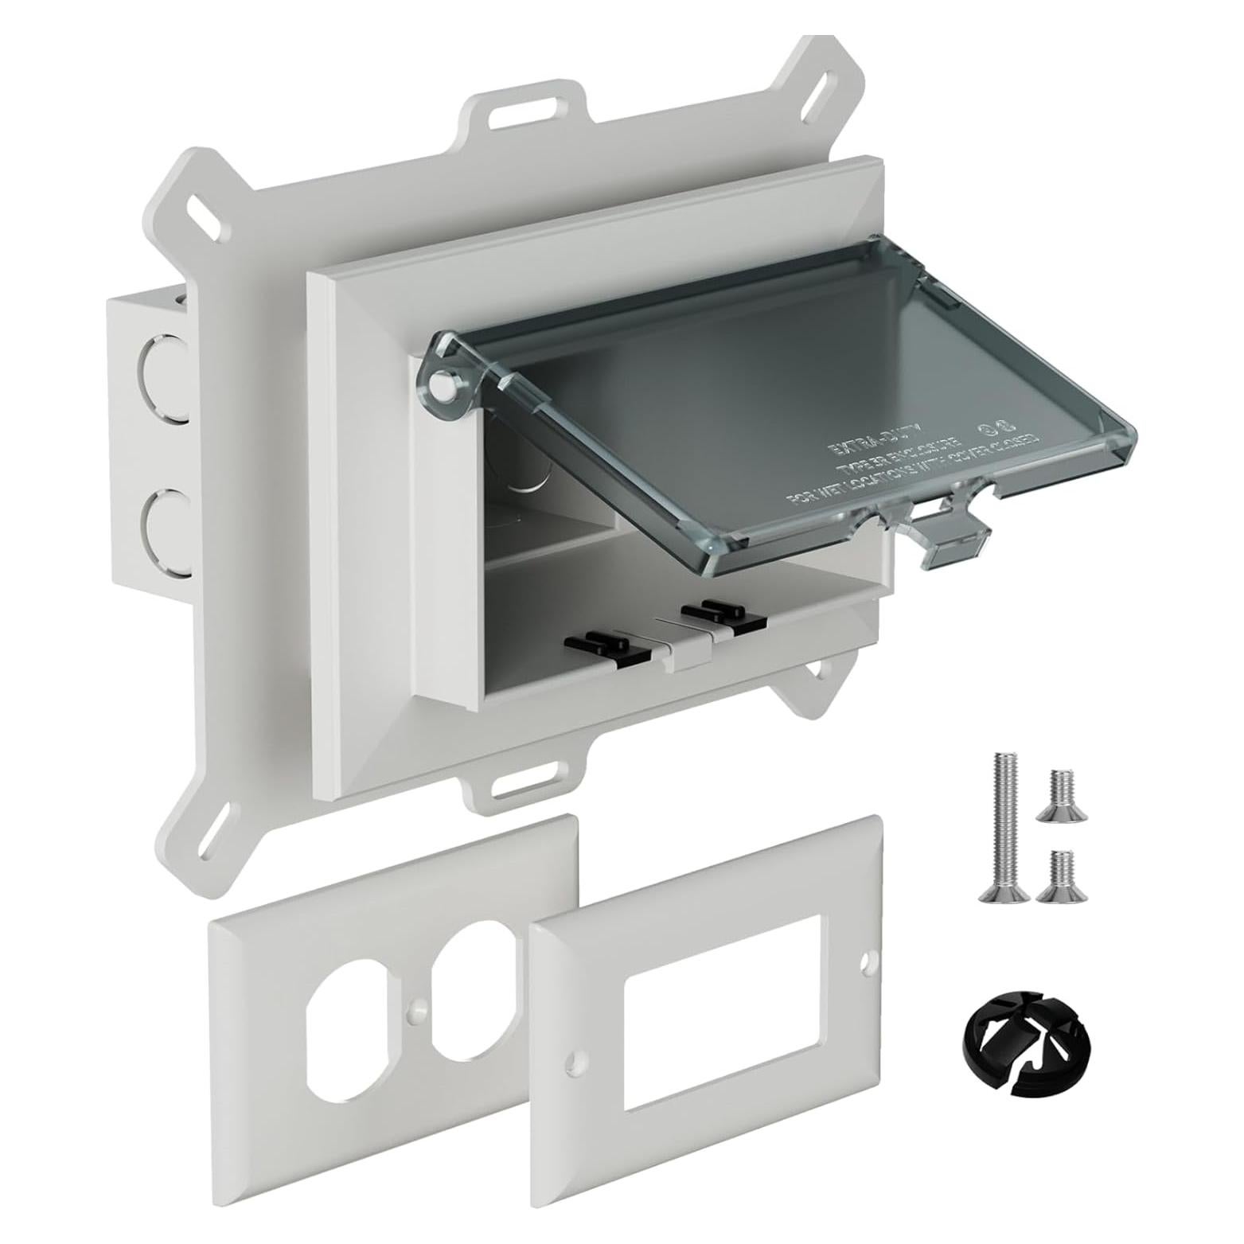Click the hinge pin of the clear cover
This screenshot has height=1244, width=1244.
(x=440, y=387)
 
